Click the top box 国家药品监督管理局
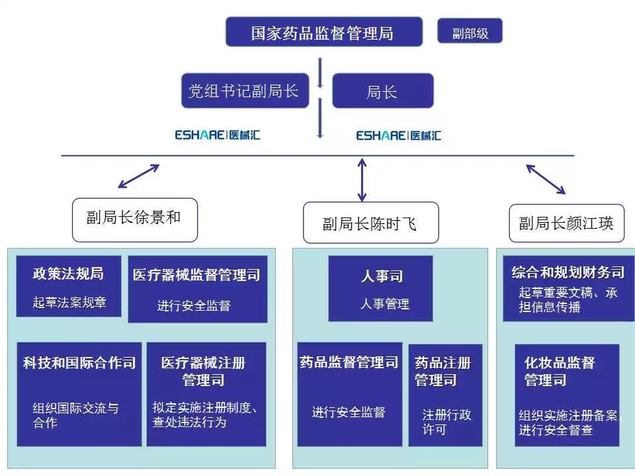[323, 32]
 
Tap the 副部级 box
[470, 32]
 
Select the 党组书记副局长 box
[245, 91]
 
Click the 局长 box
[382, 91]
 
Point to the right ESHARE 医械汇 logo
[398, 135]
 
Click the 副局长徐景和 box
[134, 219]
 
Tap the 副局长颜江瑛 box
[566, 223]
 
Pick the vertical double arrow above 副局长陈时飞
[361, 178]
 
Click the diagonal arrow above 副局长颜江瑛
[546, 178]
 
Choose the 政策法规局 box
[69, 286]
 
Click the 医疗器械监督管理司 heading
[196, 274]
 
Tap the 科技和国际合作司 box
[79, 393]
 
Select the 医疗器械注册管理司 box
[206, 393]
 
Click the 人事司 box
[381, 288]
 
